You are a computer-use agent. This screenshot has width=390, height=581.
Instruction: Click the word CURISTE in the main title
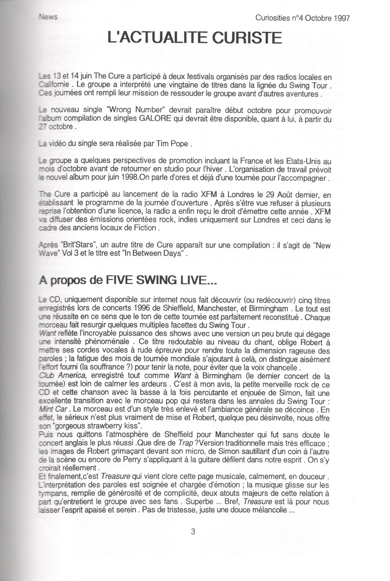coord(246,38)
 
